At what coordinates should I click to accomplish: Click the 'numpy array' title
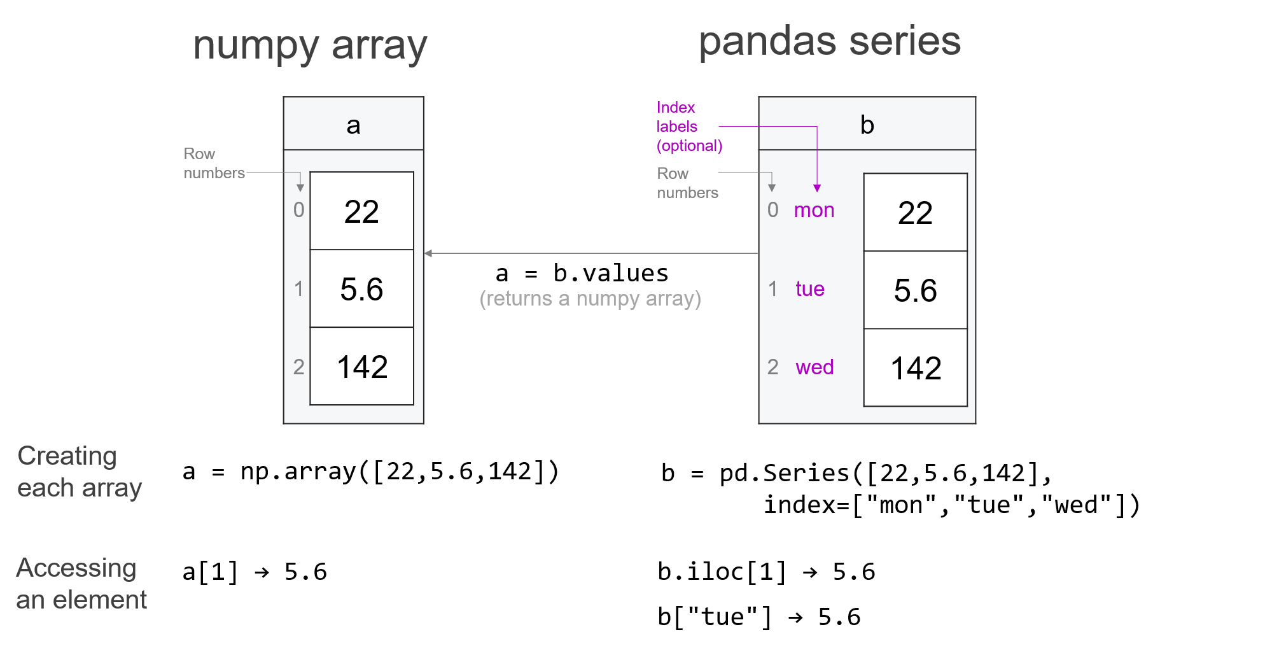[310, 46]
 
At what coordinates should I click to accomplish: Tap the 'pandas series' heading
[829, 41]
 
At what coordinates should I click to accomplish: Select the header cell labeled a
[353, 125]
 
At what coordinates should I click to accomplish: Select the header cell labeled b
[867, 125]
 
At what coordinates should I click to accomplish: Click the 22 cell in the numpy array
[361, 211]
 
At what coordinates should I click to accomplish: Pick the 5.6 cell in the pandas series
[915, 290]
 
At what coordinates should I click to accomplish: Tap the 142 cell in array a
[361, 367]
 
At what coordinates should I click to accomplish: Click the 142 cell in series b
[915, 368]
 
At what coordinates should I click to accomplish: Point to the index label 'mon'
[814, 210]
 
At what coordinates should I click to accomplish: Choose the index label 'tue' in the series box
[809, 289]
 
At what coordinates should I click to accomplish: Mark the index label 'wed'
[814, 367]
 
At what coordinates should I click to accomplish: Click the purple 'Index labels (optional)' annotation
[688, 126]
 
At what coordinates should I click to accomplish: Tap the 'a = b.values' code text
[582, 273]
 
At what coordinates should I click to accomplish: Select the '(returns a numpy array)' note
[590, 299]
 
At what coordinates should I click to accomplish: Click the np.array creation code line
[370, 472]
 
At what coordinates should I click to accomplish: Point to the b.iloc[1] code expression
[722, 572]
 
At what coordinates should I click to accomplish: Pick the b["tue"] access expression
[714, 617]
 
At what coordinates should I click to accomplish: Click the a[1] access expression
[210, 572]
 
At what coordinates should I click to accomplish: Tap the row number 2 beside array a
[298, 367]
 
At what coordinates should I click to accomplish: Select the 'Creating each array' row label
[79, 472]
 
